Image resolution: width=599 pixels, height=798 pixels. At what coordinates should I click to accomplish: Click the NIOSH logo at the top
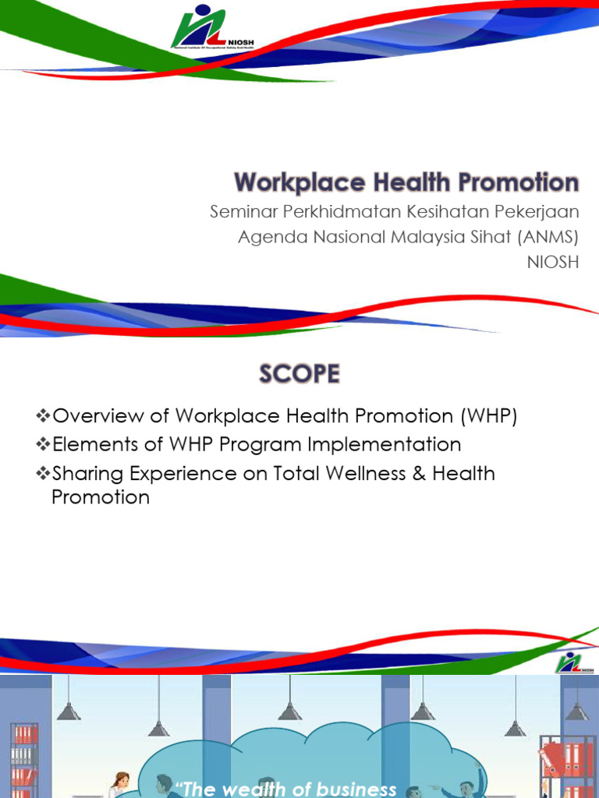199,29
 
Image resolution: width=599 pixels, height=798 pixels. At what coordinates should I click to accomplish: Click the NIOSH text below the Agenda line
553,262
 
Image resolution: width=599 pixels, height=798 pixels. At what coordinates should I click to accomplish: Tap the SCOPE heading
299,375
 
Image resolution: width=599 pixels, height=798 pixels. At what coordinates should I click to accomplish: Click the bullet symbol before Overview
44,417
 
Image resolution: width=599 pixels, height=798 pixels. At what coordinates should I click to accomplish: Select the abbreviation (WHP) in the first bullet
488,417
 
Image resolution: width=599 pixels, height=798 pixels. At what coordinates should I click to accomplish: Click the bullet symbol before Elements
44,445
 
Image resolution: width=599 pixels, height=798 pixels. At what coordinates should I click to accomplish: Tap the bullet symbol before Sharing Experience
44,474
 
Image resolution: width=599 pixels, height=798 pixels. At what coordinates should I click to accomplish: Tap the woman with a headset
120,783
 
